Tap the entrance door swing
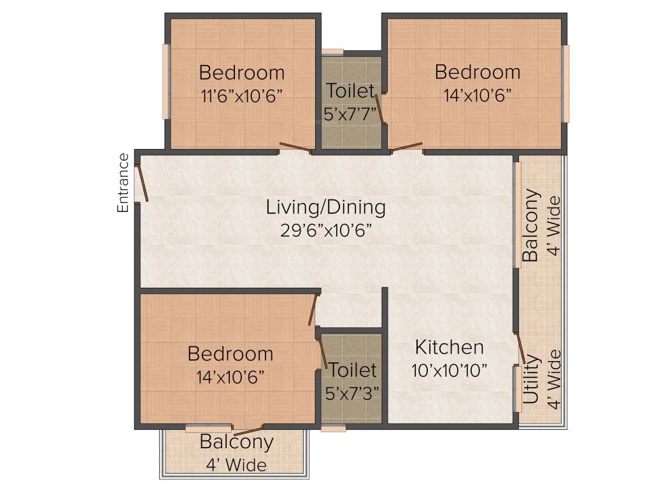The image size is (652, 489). point(143,183)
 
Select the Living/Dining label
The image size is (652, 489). point(325,207)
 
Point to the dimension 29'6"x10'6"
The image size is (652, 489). point(325,230)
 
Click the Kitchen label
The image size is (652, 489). point(450,348)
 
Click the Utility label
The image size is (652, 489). point(532,380)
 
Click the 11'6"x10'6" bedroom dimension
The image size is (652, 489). point(241,96)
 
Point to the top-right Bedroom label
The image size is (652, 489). point(478,72)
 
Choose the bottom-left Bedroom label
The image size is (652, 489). point(230,353)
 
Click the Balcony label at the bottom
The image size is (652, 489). point(236,442)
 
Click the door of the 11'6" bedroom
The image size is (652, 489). point(295,148)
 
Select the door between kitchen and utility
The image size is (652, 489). point(520,348)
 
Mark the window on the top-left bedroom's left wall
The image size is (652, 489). point(166,81)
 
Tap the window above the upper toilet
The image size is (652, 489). point(332,52)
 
